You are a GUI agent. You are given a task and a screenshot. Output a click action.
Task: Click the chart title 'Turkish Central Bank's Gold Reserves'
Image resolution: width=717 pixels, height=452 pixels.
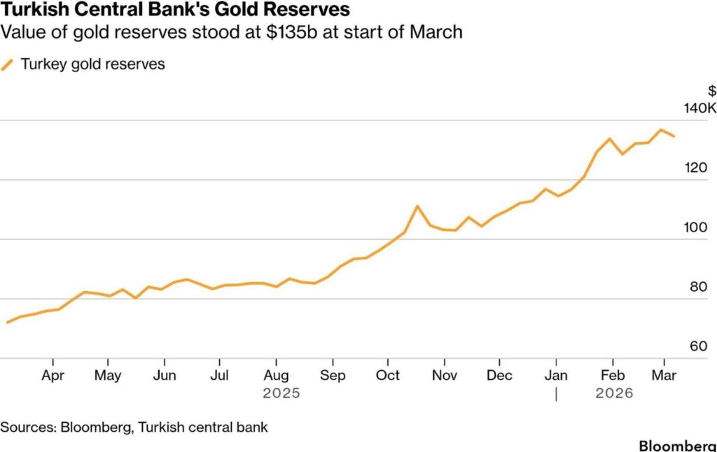coord(175,11)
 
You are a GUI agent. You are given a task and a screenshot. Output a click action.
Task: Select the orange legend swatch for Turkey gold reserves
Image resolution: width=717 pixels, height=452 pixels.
coord(8,65)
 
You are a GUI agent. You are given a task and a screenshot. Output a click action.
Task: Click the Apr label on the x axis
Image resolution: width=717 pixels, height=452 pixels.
coord(53,376)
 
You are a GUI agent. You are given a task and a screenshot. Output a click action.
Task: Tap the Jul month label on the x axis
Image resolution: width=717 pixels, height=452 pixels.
coord(219,376)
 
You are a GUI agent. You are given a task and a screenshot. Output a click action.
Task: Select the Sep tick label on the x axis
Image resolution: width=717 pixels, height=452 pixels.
coord(333,376)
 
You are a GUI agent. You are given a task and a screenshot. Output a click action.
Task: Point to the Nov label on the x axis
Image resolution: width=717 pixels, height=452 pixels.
coord(444,376)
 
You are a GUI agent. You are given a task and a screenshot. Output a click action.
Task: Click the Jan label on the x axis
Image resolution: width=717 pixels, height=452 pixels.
coord(557,376)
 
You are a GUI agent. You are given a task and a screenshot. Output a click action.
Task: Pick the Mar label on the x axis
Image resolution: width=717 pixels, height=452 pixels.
coord(664,376)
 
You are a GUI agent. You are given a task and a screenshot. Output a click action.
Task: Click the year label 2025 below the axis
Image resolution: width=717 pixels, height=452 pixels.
coord(281,394)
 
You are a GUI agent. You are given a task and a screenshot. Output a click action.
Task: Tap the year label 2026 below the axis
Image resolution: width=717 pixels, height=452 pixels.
coord(614,394)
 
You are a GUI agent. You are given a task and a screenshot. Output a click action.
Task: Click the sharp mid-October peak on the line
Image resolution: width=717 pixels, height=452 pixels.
coord(417,206)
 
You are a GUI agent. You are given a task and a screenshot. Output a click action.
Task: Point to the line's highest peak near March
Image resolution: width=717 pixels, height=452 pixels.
coord(660,129)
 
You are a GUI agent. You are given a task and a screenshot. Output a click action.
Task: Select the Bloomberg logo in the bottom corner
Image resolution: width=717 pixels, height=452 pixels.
coord(677,446)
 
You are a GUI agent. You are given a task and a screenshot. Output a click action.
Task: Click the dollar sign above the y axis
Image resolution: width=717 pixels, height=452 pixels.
coord(712,91)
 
